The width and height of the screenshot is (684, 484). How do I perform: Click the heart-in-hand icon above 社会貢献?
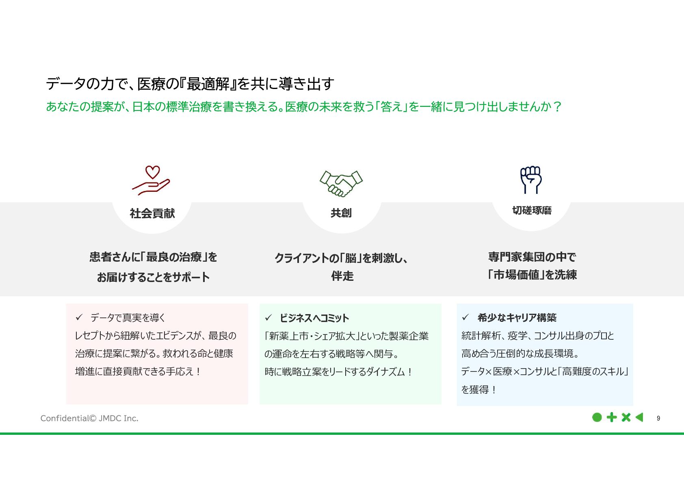click(151, 180)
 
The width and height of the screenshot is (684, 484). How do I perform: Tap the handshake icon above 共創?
click(341, 183)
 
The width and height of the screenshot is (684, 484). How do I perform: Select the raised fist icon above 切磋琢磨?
click(531, 180)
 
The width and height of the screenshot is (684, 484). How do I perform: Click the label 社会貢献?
click(152, 213)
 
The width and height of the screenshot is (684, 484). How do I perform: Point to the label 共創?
click(341, 213)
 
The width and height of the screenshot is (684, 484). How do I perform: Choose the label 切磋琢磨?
click(532, 211)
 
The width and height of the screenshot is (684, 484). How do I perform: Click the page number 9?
click(658, 418)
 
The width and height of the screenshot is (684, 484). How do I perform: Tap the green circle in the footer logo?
click(597, 417)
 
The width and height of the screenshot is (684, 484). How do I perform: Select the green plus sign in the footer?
click(611, 417)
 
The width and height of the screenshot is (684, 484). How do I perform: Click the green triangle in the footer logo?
click(640, 417)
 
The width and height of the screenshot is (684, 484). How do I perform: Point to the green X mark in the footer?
click(626, 417)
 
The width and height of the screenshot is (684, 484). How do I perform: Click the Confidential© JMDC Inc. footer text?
click(89, 418)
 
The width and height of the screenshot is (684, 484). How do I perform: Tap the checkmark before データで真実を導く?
click(79, 317)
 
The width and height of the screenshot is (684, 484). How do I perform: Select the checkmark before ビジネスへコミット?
click(268, 318)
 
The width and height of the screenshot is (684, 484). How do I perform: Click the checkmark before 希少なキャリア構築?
click(465, 317)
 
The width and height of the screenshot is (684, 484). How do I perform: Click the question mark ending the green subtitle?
click(557, 106)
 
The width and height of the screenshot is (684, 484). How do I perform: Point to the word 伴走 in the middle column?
click(342, 276)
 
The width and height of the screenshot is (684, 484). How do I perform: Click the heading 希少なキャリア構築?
click(517, 317)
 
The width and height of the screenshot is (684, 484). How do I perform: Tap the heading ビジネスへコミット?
click(314, 318)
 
